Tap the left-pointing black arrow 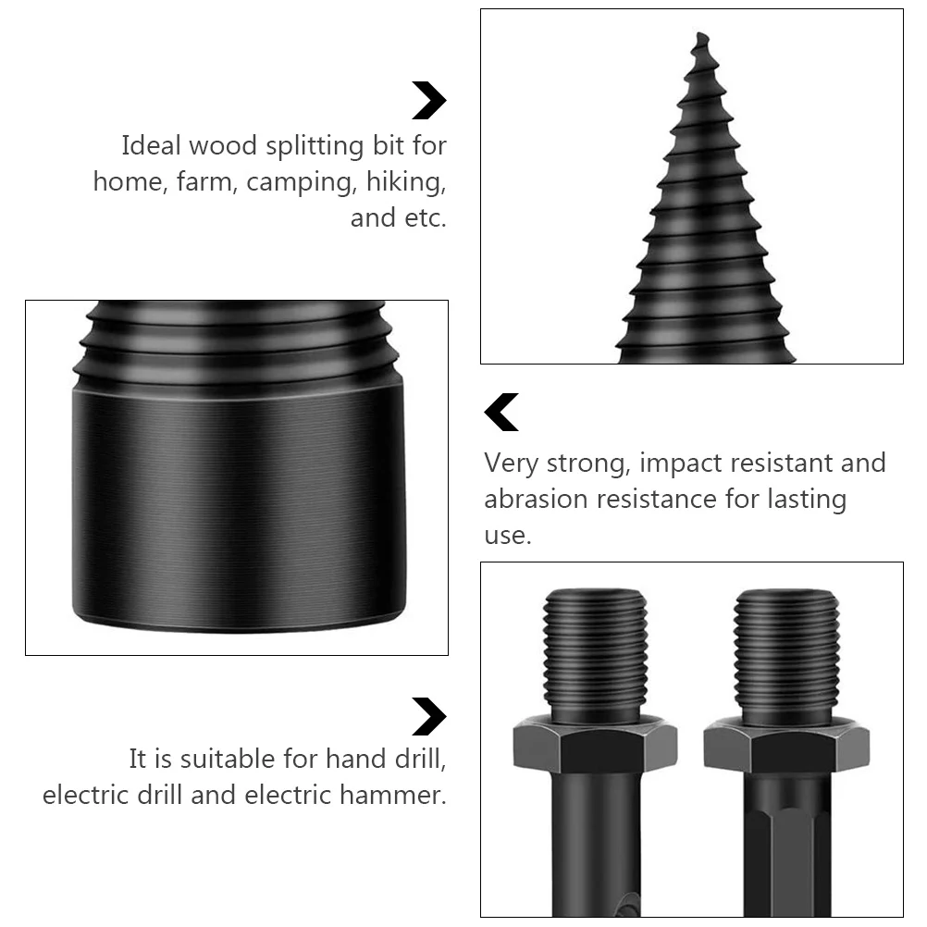(x=501, y=413)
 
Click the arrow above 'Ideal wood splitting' (x=428, y=101)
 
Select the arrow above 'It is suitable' (x=428, y=716)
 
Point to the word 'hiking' (x=405, y=183)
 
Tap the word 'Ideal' (x=152, y=146)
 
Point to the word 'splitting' (x=318, y=147)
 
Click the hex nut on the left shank (x=595, y=744)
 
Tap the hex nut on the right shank (x=786, y=746)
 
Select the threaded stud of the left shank (x=595, y=653)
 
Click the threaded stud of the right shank (x=786, y=653)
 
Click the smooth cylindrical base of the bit (x=238, y=509)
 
